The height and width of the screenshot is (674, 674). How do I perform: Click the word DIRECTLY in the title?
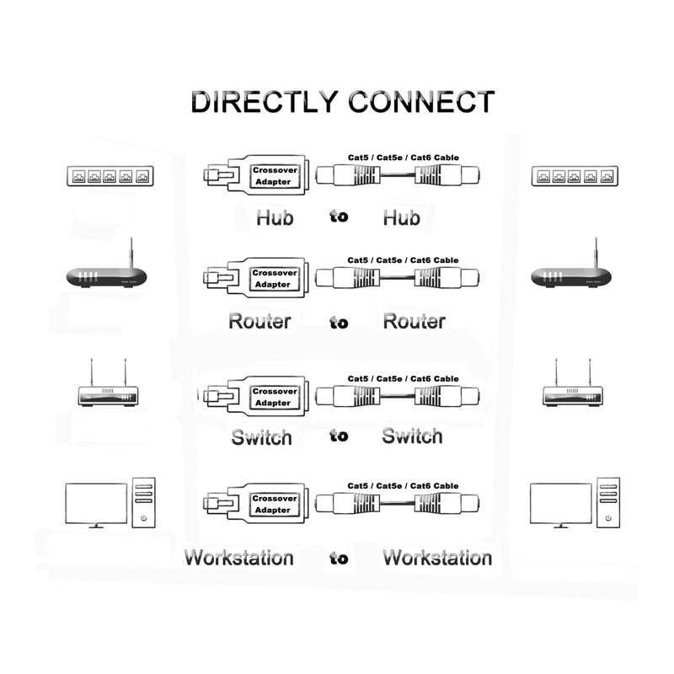coord(265,102)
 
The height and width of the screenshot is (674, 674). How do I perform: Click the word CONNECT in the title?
coord(420,102)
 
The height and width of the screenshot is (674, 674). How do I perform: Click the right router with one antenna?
coord(570,274)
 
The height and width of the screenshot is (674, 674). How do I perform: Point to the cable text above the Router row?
coord(403,260)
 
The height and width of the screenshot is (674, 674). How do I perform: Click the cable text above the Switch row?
coord(403,379)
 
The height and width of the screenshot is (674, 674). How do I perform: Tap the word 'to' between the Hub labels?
coord(339,217)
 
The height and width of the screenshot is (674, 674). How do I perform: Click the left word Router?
coord(259,321)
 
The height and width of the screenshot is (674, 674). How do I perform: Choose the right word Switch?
coord(412,436)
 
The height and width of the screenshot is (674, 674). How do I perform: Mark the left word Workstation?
coord(239,558)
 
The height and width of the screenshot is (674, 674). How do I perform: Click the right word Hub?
coord(401,217)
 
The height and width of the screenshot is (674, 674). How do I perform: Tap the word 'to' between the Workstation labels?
coord(339,557)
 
